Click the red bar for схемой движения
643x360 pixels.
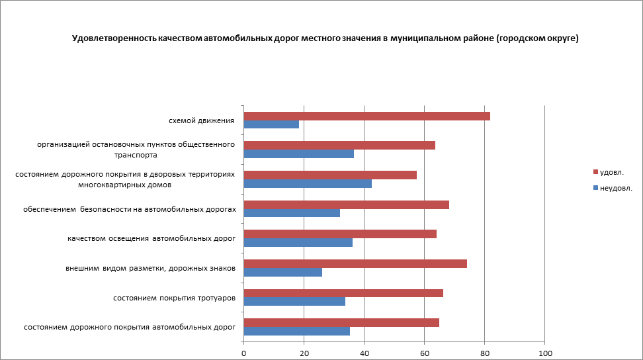click(x=367, y=116)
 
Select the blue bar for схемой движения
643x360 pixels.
click(x=271, y=124)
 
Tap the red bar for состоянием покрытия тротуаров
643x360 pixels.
click(x=343, y=293)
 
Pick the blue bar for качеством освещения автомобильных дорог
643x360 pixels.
click(x=298, y=242)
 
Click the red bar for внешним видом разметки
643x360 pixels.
click(x=355, y=263)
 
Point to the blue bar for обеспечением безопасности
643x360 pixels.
click(x=292, y=213)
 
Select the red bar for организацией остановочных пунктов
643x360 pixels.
click(x=339, y=145)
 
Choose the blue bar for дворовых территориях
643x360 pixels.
click(x=308, y=183)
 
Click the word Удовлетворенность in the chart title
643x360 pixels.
click(x=114, y=39)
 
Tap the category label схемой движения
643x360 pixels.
click(x=202, y=120)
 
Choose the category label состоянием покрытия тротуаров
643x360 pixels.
click(x=175, y=298)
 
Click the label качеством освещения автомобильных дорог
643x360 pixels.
click(x=151, y=238)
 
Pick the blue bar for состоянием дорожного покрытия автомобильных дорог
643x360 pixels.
click(x=297, y=331)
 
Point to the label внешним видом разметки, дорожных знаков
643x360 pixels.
click(x=151, y=268)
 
